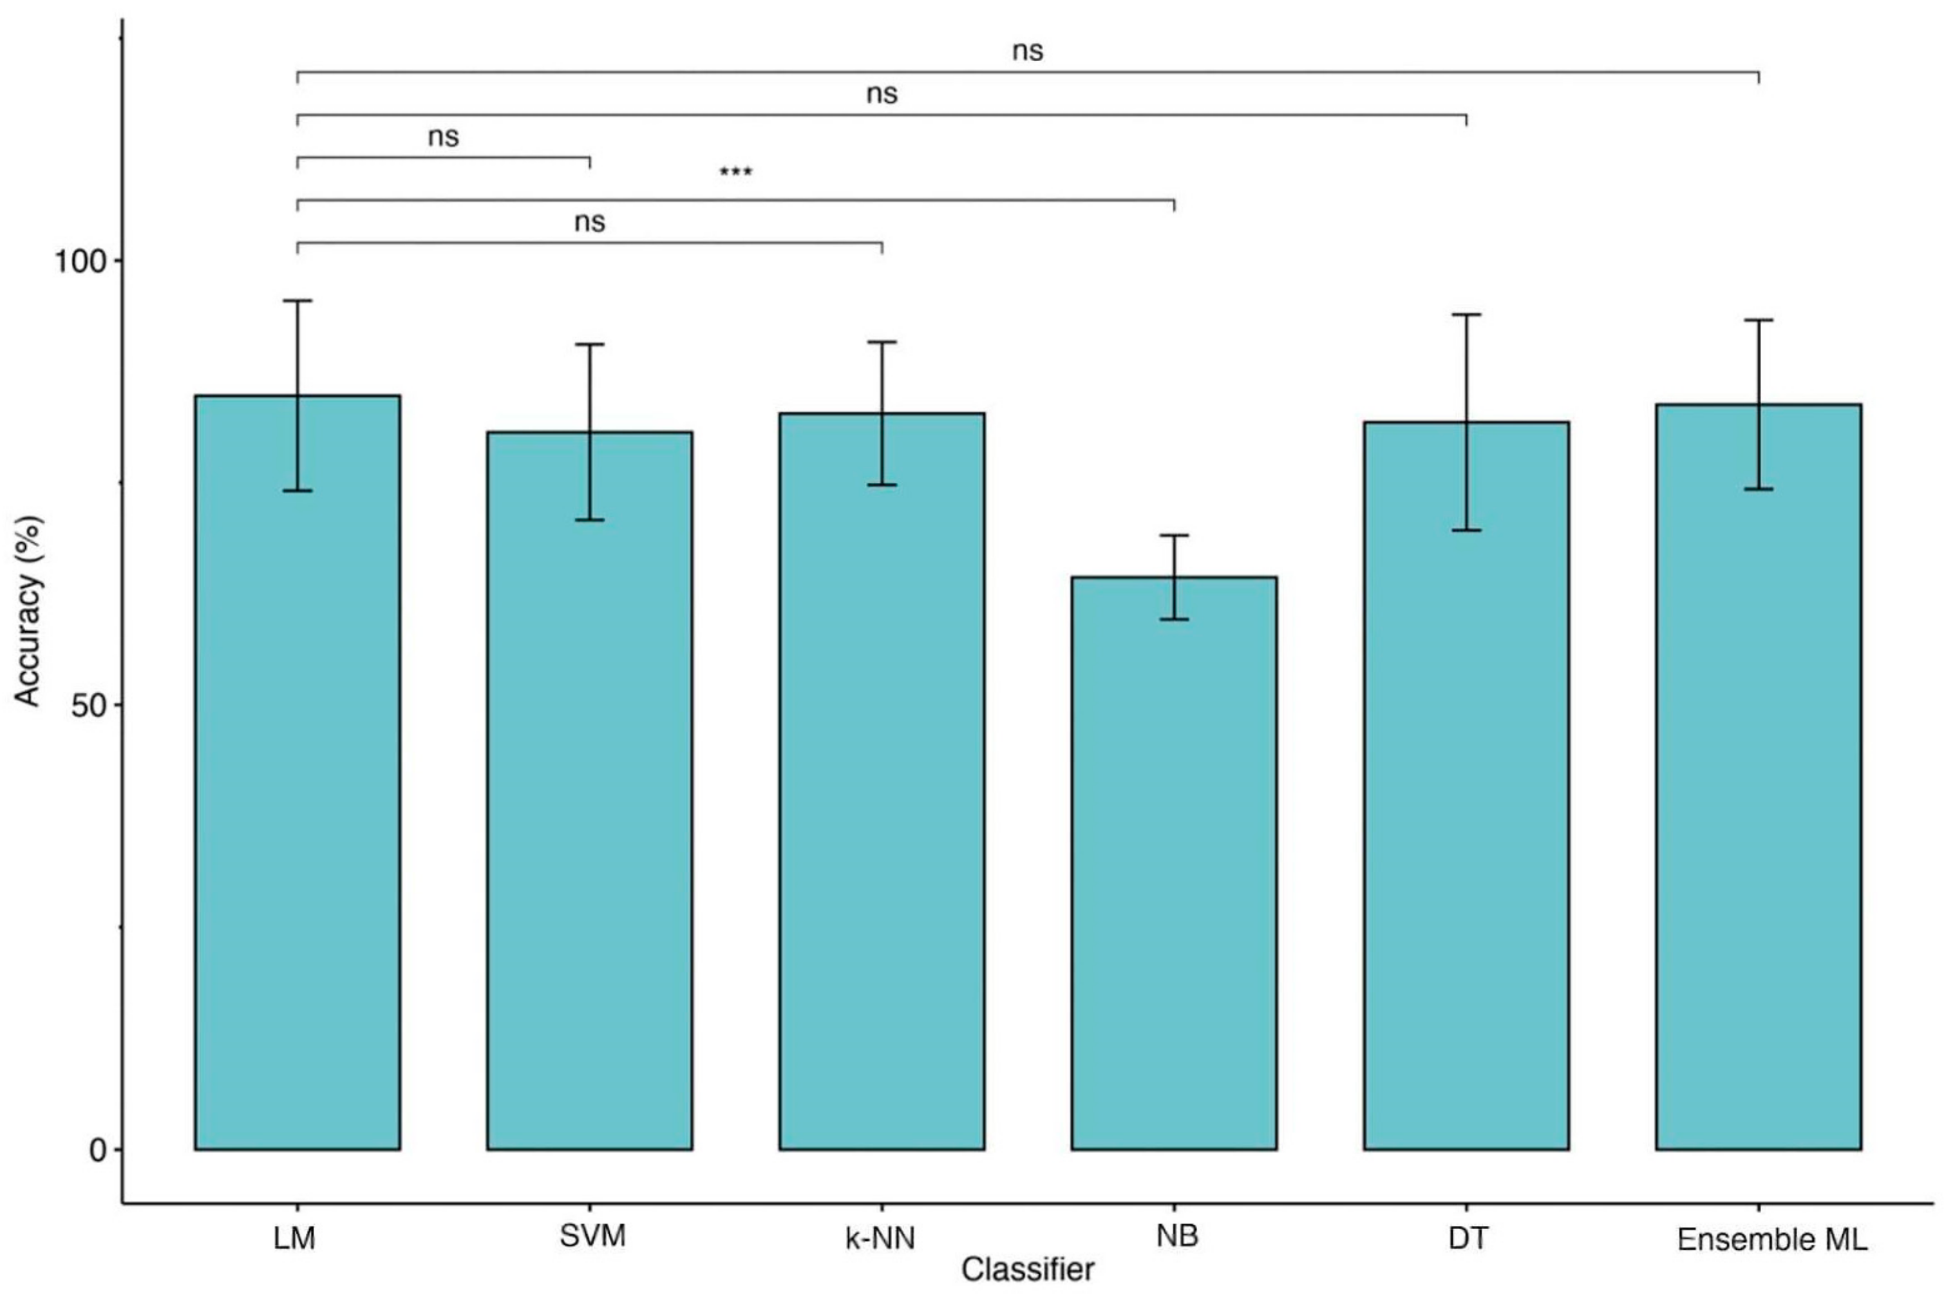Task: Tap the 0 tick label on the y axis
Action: point(97,1151)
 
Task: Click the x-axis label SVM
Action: point(592,1236)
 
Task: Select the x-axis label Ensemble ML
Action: point(1771,1239)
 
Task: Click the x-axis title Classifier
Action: point(1027,1269)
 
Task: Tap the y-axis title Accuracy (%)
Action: point(27,610)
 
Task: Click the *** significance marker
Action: point(735,173)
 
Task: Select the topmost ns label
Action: point(1027,52)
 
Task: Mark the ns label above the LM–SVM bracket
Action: point(444,137)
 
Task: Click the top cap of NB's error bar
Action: point(1174,536)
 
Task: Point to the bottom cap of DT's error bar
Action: point(1466,530)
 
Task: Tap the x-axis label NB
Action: point(1176,1236)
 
